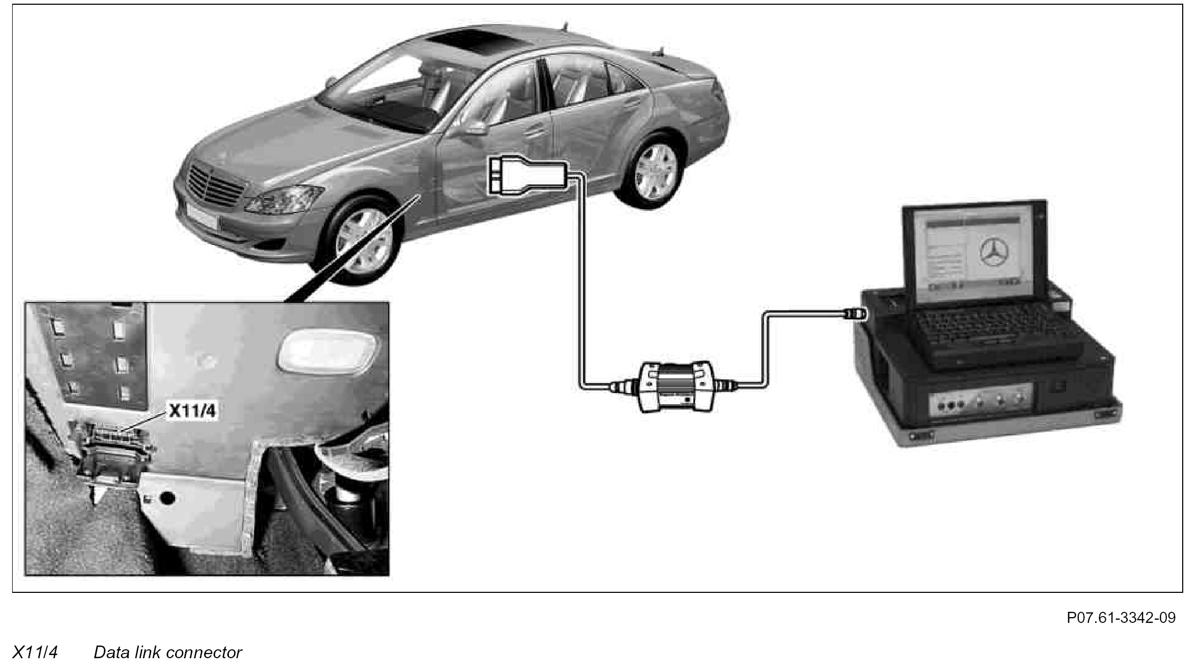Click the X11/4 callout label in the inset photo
click(192, 411)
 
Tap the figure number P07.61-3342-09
click(1121, 618)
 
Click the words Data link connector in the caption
click(168, 652)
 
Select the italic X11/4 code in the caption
click(35, 652)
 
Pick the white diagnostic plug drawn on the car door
click(527, 174)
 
